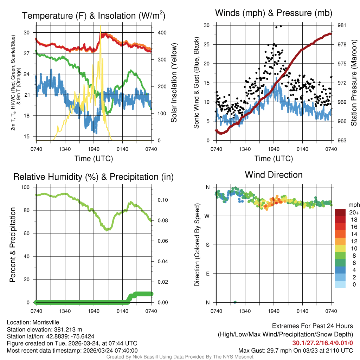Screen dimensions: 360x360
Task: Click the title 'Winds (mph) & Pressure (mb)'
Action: [x=274, y=13]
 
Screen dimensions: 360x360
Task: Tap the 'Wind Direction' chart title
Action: [x=274, y=175]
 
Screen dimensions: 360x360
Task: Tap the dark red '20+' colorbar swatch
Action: [x=340, y=212]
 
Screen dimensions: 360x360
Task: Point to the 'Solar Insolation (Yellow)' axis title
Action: [x=174, y=83]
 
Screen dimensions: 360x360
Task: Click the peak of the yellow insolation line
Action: [x=100, y=26]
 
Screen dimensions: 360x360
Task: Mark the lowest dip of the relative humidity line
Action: [x=108, y=230]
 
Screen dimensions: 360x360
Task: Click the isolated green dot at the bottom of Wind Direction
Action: [x=235, y=302]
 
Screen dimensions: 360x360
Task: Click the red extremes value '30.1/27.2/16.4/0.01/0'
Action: [x=322, y=343]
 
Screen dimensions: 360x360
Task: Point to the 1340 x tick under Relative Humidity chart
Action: [x=65, y=311]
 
